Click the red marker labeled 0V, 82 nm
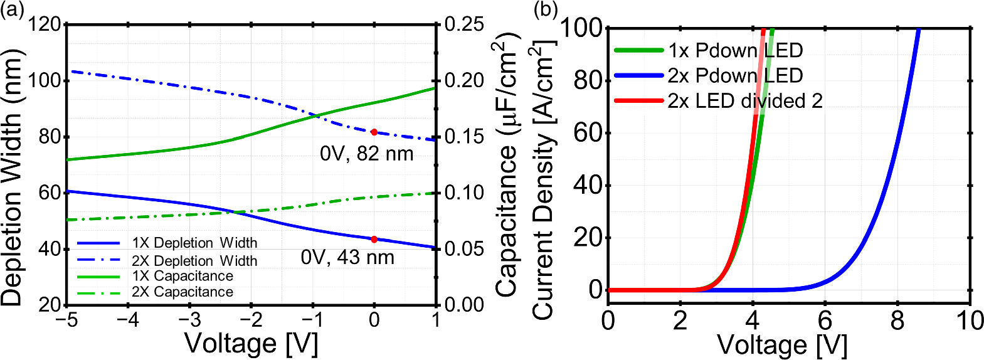pos(374,132)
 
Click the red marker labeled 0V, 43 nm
pos(374,240)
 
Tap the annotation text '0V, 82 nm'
pos(367,154)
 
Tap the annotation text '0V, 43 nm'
pos(347,258)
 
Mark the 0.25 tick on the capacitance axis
pos(464,24)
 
